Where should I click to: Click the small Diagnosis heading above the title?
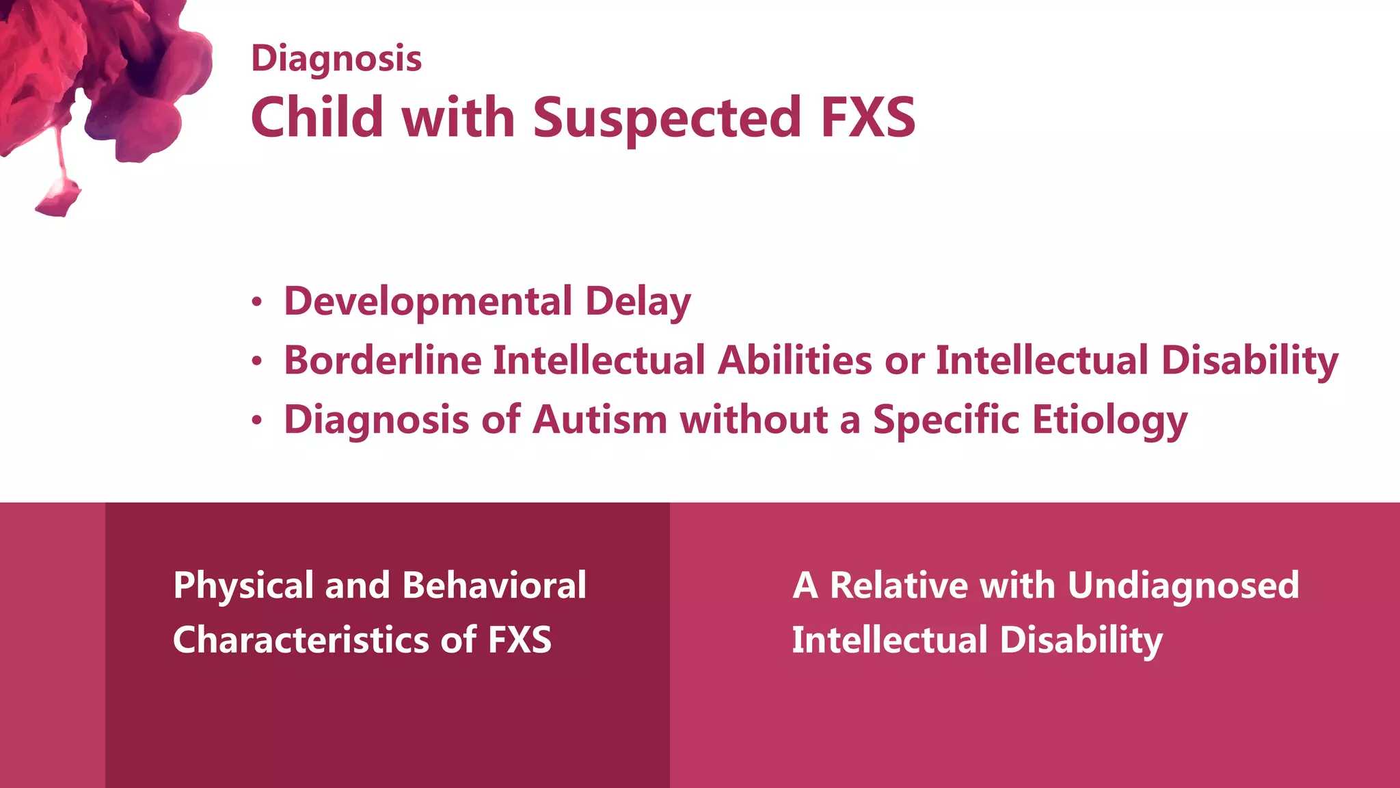coord(336,59)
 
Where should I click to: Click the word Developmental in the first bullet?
coord(428,302)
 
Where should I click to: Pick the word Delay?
coord(638,302)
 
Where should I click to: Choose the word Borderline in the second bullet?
coord(382,360)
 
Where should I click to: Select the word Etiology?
coord(1109,421)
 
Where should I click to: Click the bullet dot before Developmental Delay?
coord(256,302)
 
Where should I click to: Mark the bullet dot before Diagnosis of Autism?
coord(256,420)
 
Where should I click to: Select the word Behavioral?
coord(494,586)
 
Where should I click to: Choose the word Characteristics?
coord(301,640)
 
